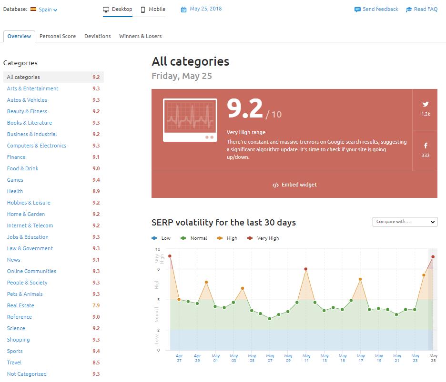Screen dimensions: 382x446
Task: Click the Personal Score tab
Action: point(57,36)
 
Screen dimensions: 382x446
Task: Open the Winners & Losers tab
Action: point(140,36)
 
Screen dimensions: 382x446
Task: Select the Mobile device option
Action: point(153,9)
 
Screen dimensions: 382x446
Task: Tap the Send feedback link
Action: point(376,9)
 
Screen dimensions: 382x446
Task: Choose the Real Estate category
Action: point(20,305)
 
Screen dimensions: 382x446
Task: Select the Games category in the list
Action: point(15,180)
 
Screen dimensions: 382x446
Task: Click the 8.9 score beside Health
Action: point(96,191)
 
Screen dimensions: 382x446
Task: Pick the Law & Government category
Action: point(30,248)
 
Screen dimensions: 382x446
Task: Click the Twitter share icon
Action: point(425,104)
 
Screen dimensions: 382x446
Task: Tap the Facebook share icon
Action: point(425,146)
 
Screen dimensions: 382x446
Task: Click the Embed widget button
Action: point(294,185)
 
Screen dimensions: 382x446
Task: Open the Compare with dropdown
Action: point(405,222)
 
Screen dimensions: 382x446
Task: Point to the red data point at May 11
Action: point(306,269)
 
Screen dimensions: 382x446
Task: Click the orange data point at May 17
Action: point(360,279)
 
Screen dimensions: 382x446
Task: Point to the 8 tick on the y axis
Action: point(158,269)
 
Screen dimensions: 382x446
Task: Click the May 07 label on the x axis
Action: point(270,358)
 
